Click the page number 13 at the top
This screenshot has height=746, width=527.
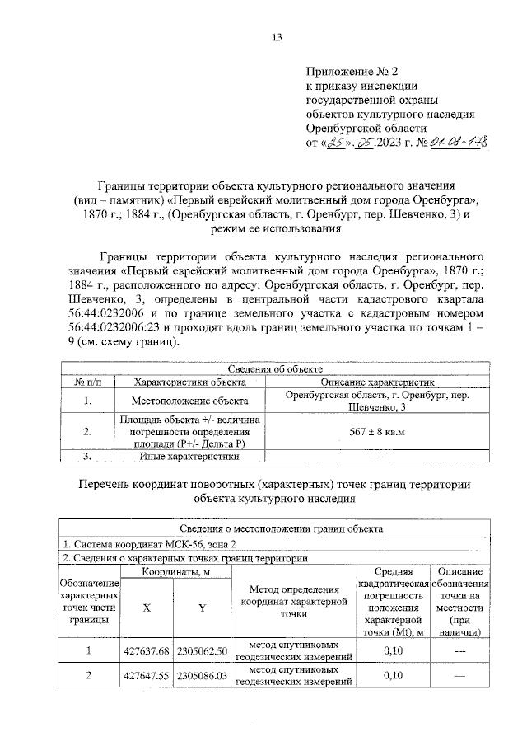coord(277,37)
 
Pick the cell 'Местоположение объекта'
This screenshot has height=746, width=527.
coord(190,401)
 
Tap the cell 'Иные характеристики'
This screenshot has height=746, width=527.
coord(190,456)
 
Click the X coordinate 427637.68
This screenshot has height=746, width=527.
coord(146,651)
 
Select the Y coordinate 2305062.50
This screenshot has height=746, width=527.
coord(201,651)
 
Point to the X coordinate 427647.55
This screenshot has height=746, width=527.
coord(146,677)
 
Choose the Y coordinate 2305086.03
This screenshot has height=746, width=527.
coord(201,677)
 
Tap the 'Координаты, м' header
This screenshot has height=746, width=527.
coord(174,572)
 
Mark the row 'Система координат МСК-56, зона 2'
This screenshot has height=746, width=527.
coord(148,544)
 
